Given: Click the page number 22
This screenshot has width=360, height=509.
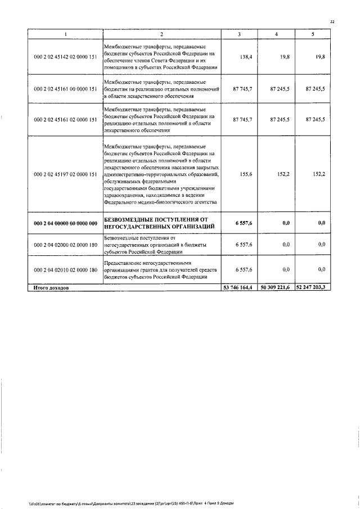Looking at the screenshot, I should [332, 22].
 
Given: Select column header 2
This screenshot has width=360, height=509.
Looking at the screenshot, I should [161, 35].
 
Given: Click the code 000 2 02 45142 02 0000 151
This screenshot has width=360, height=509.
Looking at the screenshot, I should [66, 57].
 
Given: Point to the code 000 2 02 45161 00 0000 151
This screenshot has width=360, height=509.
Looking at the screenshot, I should [66, 89].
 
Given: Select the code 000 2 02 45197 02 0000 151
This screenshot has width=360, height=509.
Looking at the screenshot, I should [66, 174].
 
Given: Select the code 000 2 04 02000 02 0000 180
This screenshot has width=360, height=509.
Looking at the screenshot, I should [66, 245].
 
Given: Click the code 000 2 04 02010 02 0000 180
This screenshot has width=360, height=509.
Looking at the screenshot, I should [66, 271].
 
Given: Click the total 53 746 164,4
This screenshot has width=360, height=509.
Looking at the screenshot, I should [240, 287].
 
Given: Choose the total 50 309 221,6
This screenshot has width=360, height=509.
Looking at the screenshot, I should [275, 287].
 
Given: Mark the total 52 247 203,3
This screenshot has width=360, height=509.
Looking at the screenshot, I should [312, 287].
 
